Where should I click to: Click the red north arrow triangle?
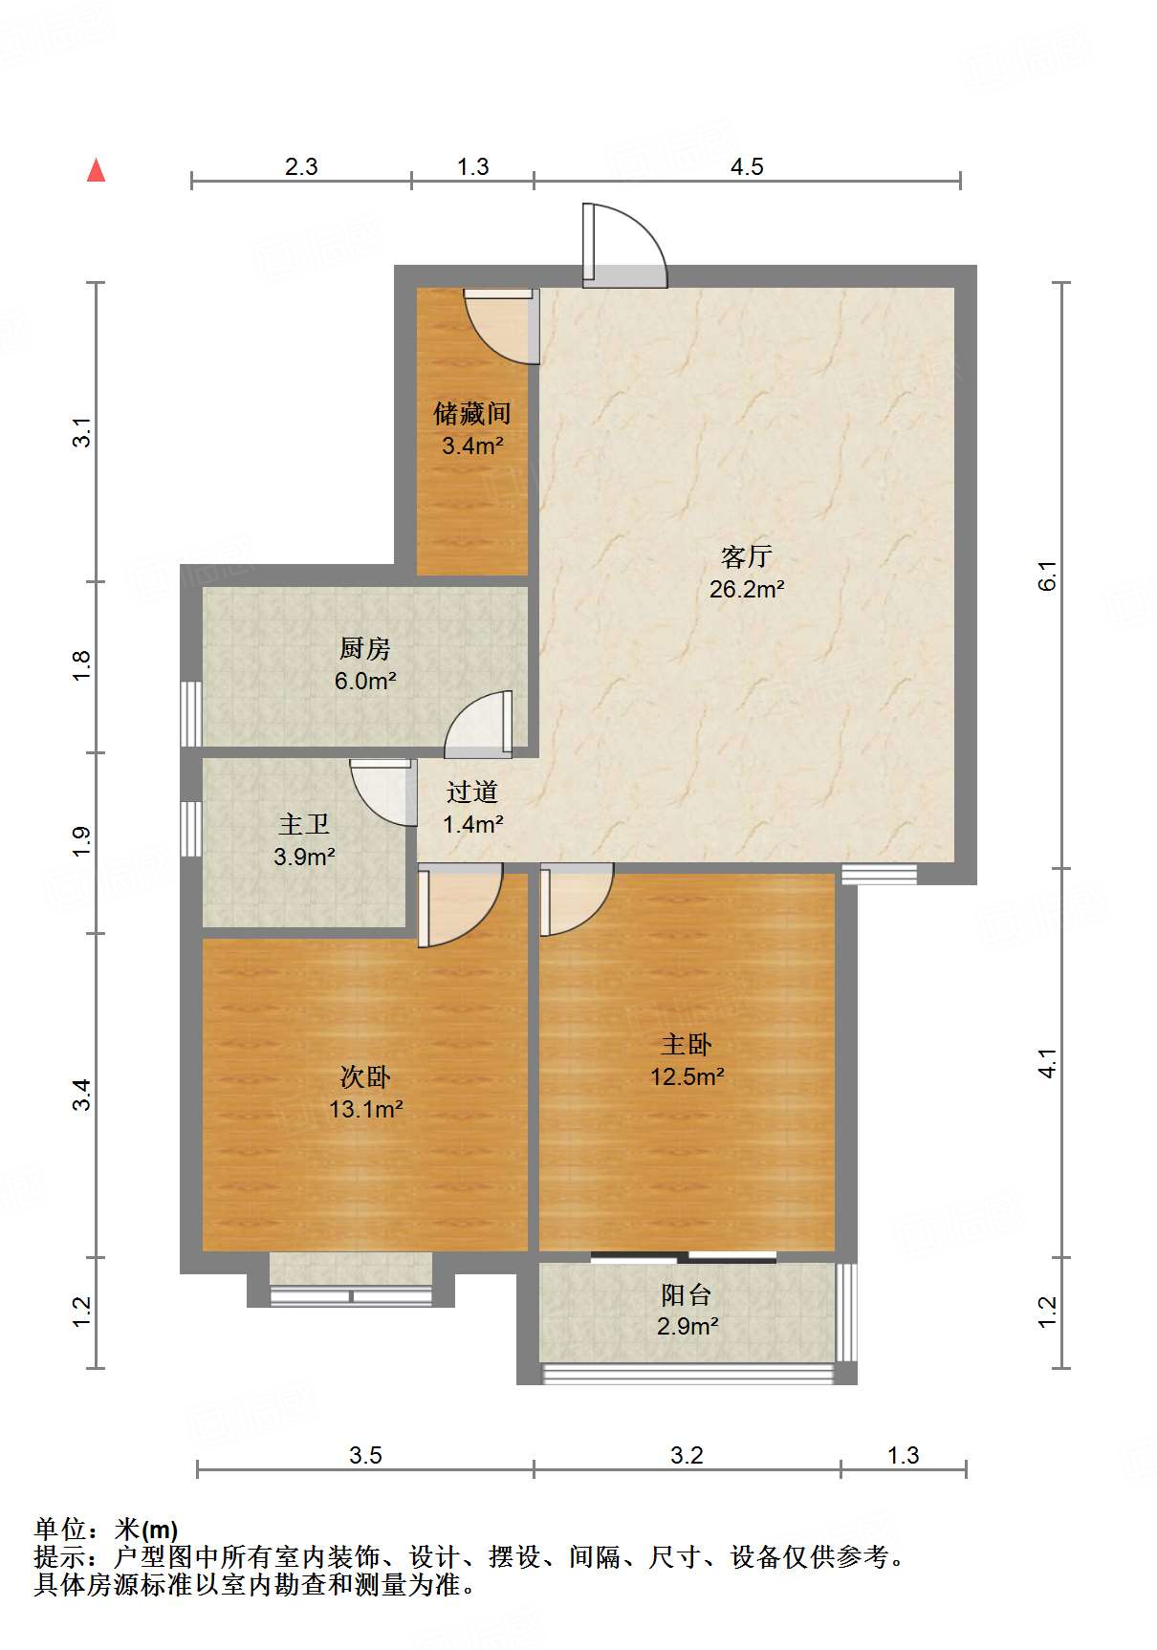pyautogui.click(x=96, y=170)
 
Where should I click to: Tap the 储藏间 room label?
pyautogui.click(x=471, y=414)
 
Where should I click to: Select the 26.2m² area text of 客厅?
pyautogui.click(x=746, y=590)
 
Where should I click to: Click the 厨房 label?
pyautogui.click(x=364, y=649)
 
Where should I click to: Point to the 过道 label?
pyautogui.click(x=472, y=792)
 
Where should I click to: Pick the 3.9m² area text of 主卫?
pyautogui.click(x=304, y=857)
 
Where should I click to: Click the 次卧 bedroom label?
pyautogui.click(x=365, y=1077)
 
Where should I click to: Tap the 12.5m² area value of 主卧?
pyautogui.click(x=687, y=1077)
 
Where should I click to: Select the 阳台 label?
pyautogui.click(x=687, y=1295)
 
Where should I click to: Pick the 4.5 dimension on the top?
pyautogui.click(x=747, y=167)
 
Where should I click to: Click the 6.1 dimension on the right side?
pyautogui.click(x=1048, y=575)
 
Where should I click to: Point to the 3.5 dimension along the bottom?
pyautogui.click(x=365, y=1456)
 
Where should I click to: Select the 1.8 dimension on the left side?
pyautogui.click(x=82, y=665)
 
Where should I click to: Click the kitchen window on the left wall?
pyautogui.click(x=191, y=713)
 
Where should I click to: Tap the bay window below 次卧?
pyautogui.click(x=351, y=1295)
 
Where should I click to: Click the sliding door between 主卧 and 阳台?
pyautogui.click(x=684, y=1257)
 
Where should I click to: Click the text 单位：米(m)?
pyautogui.click(x=106, y=1531)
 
